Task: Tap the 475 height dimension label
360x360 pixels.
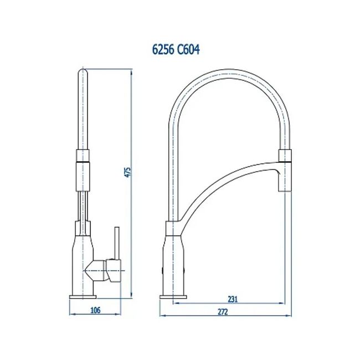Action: pyautogui.click(x=127, y=172)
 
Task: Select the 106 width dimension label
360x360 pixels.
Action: pyautogui.click(x=95, y=310)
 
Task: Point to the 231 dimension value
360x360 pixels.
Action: pyautogui.click(x=233, y=299)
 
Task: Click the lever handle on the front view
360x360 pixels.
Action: pyautogui.click(x=117, y=244)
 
